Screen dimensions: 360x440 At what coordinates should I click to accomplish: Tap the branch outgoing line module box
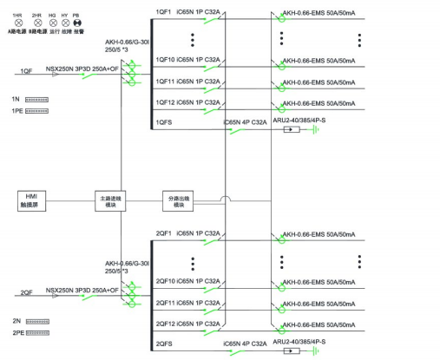[179, 200]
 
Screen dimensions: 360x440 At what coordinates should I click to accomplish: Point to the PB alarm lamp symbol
[76, 23]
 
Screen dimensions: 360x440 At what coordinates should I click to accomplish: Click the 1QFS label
[163, 122]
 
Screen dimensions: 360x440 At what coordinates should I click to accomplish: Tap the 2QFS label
[163, 344]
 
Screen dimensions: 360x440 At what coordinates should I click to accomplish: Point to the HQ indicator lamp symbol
[52, 23]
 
